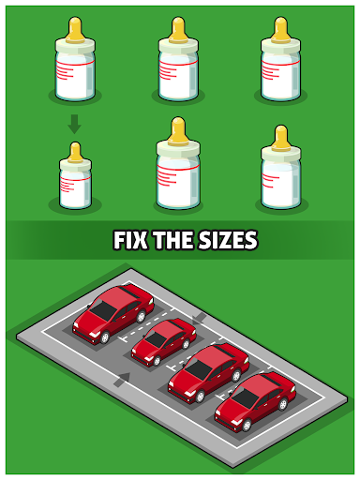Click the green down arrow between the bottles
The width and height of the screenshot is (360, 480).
point(75,124)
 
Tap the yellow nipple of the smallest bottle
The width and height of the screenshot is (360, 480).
point(75,152)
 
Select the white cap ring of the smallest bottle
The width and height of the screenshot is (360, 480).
point(75,165)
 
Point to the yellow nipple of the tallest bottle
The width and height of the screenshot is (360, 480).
point(178,130)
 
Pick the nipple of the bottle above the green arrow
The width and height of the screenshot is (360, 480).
point(75,29)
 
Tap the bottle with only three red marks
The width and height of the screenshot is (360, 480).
point(280,168)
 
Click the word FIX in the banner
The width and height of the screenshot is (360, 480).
point(130,240)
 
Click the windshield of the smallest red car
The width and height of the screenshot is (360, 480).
point(157,339)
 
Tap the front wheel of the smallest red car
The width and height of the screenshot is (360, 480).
point(157,361)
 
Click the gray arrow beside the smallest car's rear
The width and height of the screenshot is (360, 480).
point(199,319)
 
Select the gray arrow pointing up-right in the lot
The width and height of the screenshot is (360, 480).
point(122,380)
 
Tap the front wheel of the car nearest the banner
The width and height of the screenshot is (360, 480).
point(105,337)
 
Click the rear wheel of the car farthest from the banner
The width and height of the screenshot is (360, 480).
point(283,404)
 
